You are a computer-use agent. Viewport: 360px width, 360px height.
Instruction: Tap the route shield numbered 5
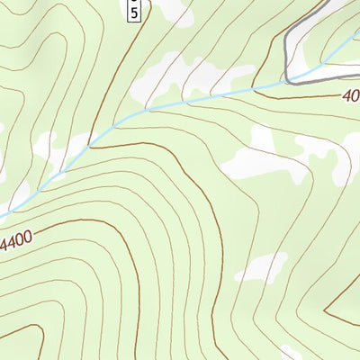point(133,12)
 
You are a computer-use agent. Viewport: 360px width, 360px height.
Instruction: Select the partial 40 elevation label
point(350,95)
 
